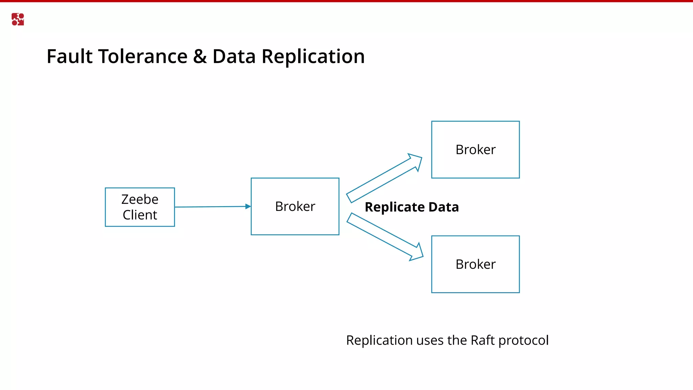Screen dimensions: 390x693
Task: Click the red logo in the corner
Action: point(18,19)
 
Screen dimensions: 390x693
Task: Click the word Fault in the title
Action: point(69,56)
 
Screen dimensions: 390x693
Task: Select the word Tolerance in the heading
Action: point(142,56)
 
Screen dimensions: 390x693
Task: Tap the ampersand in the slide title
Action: point(200,56)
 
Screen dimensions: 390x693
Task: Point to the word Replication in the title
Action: point(313,56)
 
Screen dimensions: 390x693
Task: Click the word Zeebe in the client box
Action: point(140,199)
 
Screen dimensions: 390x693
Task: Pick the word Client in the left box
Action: point(140,215)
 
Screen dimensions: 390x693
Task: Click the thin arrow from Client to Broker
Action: point(210,207)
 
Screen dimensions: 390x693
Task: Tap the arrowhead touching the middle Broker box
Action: point(248,207)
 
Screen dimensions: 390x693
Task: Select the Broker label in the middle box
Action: point(295,207)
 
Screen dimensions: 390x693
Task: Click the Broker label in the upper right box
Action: point(475,150)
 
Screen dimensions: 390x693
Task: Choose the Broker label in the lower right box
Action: point(475,264)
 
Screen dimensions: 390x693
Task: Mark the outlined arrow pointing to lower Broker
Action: point(385,237)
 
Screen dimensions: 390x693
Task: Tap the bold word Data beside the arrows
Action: point(444,207)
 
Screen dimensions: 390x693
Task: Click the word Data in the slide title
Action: point(234,56)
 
